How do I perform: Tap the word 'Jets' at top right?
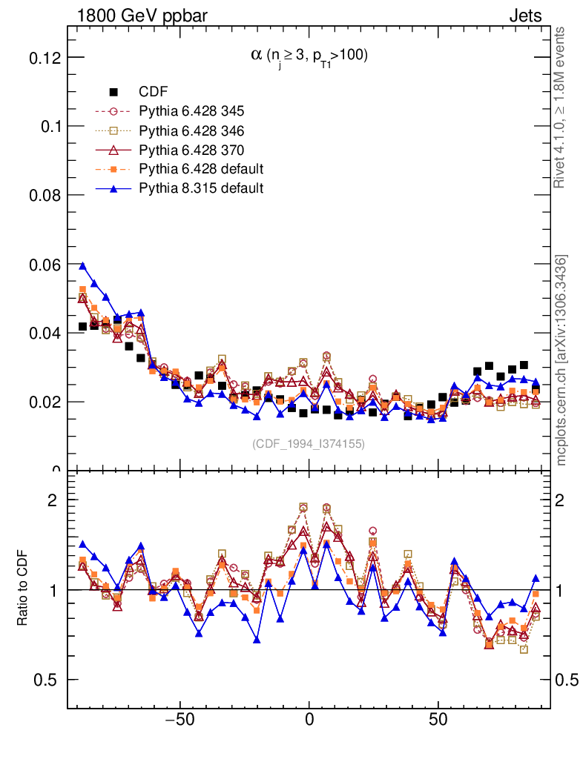click(525, 15)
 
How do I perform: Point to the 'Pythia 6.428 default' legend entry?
click(201, 169)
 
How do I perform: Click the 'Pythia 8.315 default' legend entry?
click(201, 188)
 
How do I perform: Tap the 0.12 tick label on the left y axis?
click(44, 58)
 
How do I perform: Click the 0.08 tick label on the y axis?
click(44, 196)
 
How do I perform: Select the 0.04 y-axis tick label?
click(44, 334)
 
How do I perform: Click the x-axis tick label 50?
click(438, 720)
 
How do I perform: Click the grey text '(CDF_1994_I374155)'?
click(309, 443)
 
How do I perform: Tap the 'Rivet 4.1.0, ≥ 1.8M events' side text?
click(561, 107)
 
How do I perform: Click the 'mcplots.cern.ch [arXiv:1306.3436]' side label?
click(561, 360)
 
